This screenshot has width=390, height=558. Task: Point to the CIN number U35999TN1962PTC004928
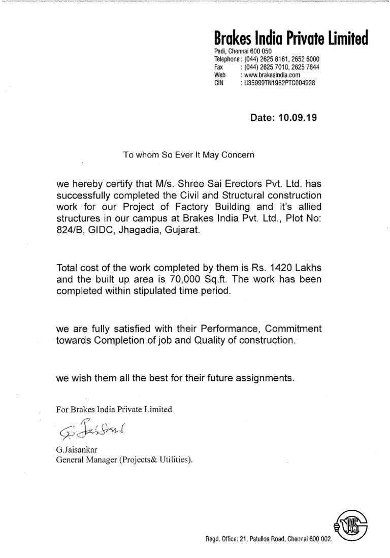[280, 82]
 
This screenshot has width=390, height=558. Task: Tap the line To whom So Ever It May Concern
[188, 154]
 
